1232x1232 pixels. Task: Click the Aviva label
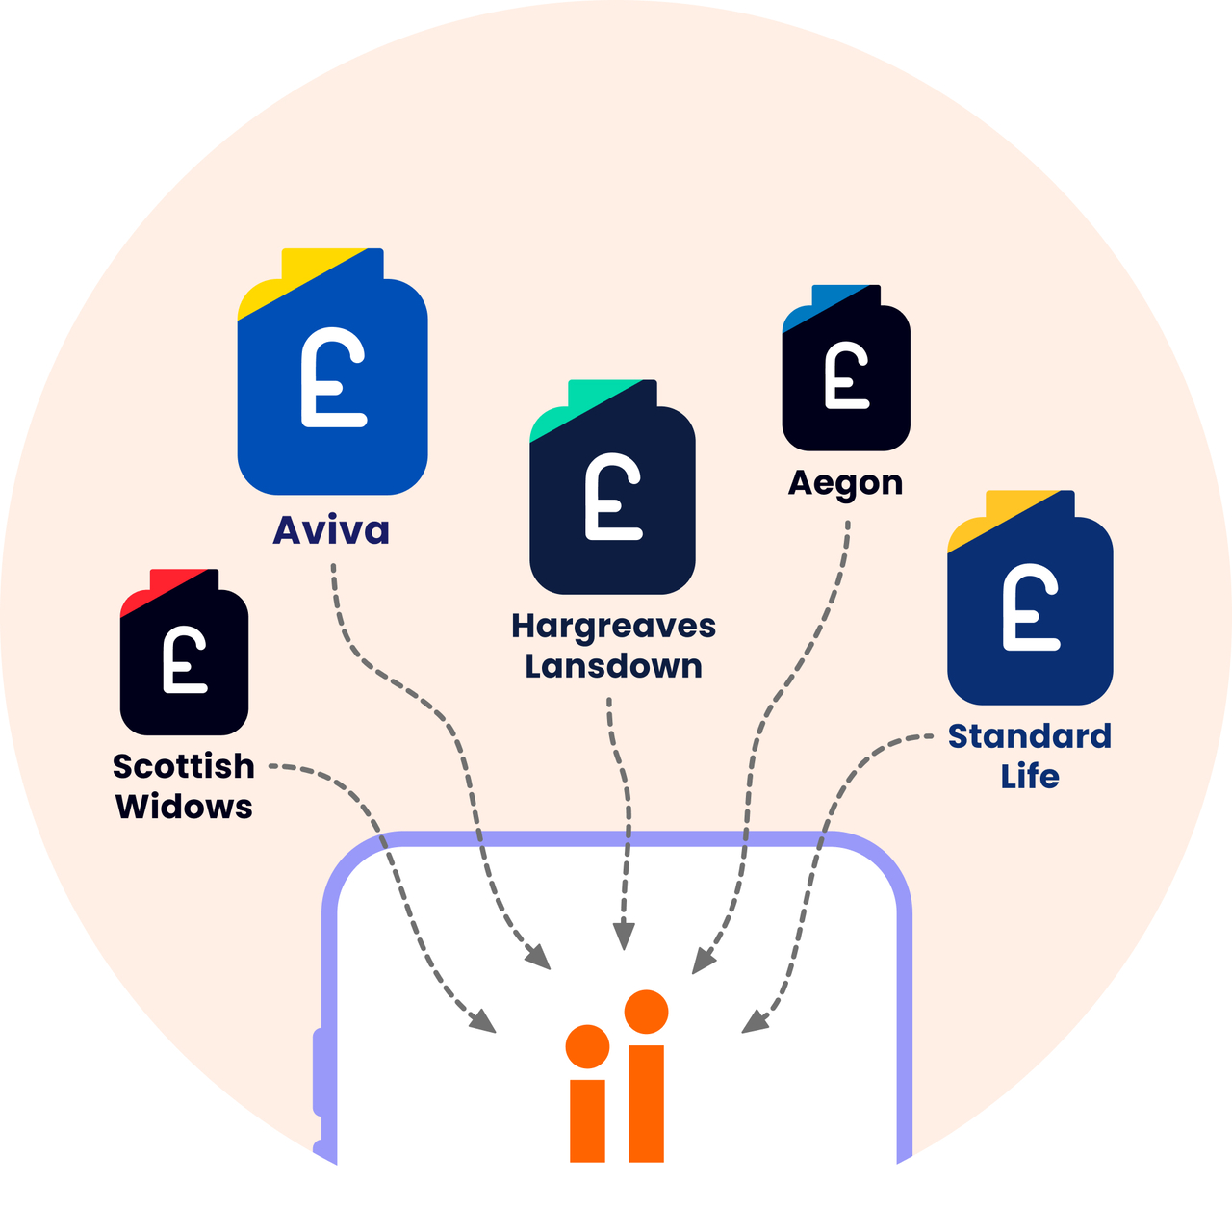pos(331,530)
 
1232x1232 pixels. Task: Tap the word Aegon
pos(845,482)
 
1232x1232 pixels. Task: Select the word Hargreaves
pos(613,627)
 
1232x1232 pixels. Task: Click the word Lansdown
pos(613,666)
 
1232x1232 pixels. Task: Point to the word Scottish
pos(184,766)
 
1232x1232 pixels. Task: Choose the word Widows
pos(184,807)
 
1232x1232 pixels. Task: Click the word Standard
pos(1029,736)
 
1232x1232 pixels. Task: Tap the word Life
pos(1029,777)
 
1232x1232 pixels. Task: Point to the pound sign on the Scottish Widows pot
pos(184,659)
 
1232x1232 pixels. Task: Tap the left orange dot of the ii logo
pos(587,1046)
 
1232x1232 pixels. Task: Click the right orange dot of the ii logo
pos(646,1012)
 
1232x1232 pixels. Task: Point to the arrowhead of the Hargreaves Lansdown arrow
pos(624,937)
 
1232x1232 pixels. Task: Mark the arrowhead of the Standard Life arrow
pos(754,1022)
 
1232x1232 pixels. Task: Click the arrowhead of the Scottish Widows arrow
pos(483,1022)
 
